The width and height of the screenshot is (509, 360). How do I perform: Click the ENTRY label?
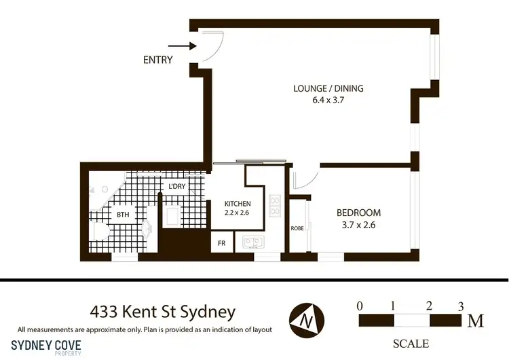pos(158,60)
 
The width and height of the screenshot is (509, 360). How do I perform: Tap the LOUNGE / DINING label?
pos(328,88)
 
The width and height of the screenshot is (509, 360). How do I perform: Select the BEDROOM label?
pos(359,213)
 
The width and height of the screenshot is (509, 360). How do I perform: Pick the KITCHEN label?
pos(238,204)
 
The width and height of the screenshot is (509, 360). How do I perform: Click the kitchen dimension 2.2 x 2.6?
pos(238,213)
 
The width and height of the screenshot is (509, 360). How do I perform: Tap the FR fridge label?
pos(221,242)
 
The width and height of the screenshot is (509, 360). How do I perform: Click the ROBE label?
pos(297,228)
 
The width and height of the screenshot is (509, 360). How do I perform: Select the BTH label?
pos(123,215)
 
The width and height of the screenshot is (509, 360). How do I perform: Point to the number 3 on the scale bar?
pos(461,305)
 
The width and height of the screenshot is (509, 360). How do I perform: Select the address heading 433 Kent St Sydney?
pos(163,312)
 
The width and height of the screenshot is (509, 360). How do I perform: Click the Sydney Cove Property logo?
pos(47,347)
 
